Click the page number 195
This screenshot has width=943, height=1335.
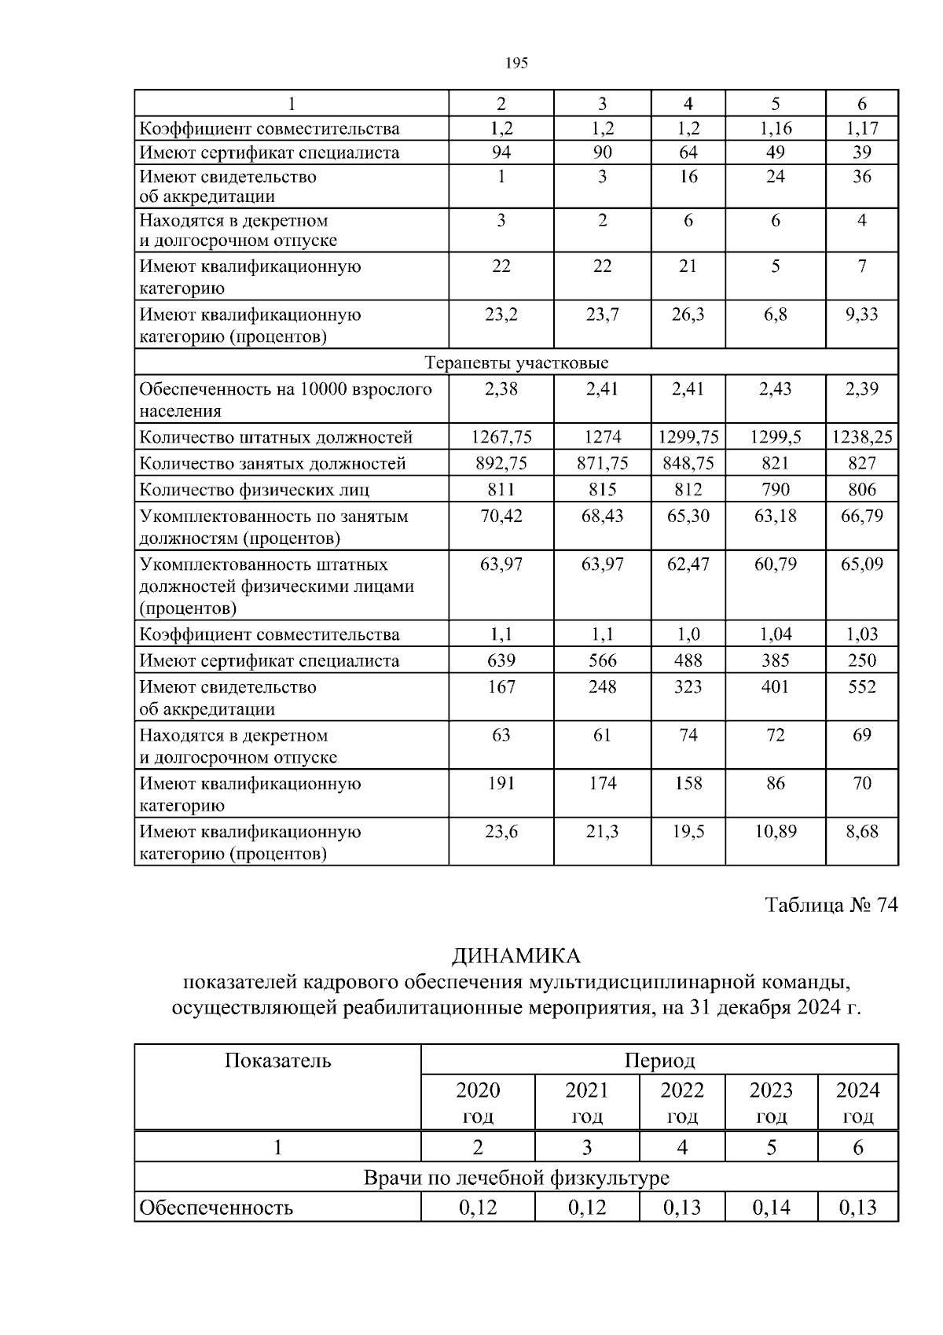pos(516,64)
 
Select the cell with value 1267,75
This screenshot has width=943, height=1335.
pos(501,437)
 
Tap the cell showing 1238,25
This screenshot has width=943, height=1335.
pos(862,437)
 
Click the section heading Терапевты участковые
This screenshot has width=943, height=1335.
pos(516,363)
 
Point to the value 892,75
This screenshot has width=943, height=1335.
pos(501,464)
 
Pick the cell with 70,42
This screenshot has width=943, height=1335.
pos(501,517)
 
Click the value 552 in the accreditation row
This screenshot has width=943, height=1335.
pos(861,687)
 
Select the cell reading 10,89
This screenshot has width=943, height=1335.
pos(775,832)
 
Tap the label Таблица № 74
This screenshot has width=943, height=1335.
pos(831,906)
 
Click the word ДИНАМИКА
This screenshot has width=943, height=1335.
pos(516,957)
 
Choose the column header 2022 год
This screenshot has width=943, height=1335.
pos(682,1102)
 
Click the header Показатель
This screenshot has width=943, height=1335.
pos(278,1061)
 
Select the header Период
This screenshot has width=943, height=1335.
pos(659,1061)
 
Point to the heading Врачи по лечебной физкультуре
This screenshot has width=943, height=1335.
pos(516,1179)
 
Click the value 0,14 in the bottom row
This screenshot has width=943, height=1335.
pos(771,1208)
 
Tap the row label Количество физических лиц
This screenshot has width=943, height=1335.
pos(254,491)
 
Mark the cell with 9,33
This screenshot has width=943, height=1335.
pos(861,314)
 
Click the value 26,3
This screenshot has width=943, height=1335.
pos(688,314)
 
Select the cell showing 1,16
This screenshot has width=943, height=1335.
pos(775,129)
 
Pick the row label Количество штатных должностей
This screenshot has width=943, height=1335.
pos(276,438)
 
